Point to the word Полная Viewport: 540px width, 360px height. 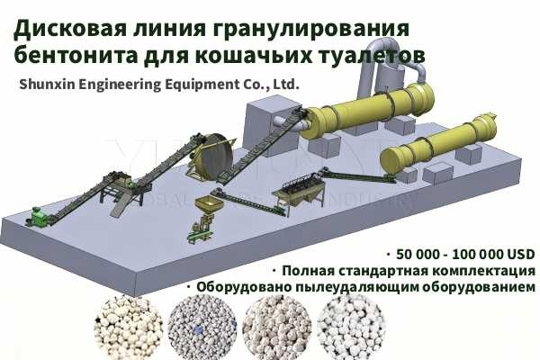(305, 270)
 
